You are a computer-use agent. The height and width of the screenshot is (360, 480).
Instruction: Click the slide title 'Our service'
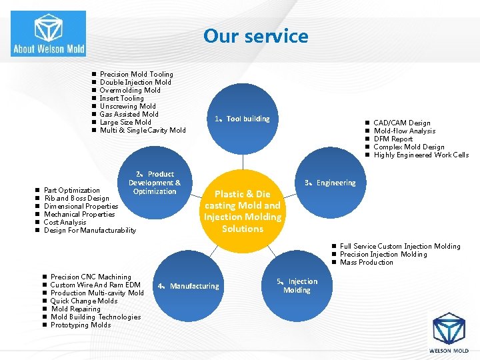pos(256,36)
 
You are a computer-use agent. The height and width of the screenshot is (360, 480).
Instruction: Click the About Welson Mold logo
pos(48,33)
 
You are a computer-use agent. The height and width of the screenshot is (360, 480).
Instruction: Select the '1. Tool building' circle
pos(242,119)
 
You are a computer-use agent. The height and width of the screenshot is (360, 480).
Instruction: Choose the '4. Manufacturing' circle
pos(194,286)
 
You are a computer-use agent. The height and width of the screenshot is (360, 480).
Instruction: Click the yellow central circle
pos(243,211)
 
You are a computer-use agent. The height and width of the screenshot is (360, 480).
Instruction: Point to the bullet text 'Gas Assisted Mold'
pos(129,114)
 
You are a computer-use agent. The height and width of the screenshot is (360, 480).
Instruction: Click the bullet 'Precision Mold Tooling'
pos(136,74)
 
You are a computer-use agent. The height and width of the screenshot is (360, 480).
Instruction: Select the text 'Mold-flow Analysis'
pos(404,131)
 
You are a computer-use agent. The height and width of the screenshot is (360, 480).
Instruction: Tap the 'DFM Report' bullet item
pos(393,139)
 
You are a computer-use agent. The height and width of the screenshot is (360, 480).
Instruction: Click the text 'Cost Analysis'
pos(65,222)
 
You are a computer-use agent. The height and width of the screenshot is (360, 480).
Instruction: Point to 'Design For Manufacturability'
pos(89,230)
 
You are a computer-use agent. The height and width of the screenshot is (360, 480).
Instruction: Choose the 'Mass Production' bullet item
pos(366,262)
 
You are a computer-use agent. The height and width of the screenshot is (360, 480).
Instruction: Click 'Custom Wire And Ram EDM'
pos(95,285)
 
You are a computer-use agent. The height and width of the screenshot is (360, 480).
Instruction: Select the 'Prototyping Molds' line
pos(81,325)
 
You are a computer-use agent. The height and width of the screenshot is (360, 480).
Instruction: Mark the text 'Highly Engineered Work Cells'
pos(421,155)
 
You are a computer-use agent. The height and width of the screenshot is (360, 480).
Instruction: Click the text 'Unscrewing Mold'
pos(127,106)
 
